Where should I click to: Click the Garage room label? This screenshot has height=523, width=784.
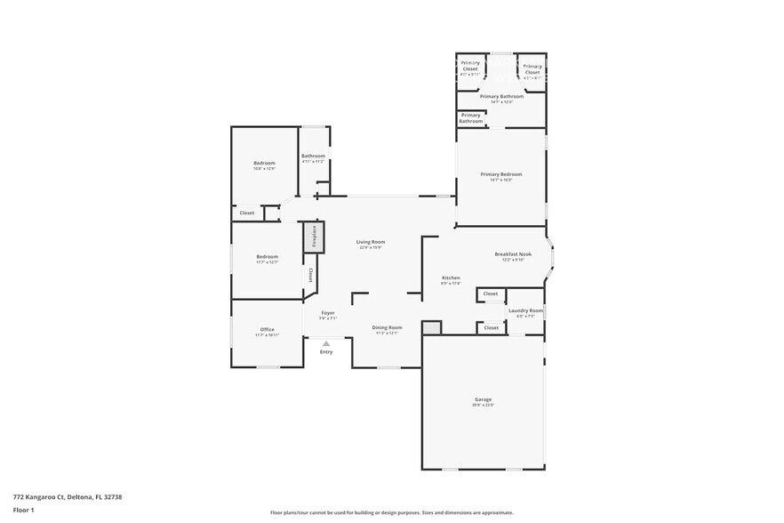coord(483,400)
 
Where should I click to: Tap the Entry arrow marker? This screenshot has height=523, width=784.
coord(326,343)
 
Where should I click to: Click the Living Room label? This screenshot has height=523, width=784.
coord(371,243)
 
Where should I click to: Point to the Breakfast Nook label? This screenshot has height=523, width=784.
coord(513,255)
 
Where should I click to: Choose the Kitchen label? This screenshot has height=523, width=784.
coord(451,278)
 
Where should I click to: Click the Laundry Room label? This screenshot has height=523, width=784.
coord(525,311)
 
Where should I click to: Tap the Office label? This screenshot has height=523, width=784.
coord(268,330)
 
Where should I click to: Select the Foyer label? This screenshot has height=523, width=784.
coord(328,313)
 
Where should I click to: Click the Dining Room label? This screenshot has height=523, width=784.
coord(387,328)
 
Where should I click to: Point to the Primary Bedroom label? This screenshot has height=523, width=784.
coord(501,175)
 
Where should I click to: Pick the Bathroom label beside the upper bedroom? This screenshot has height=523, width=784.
coord(313,157)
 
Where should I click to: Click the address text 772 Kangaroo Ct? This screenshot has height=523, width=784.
coord(67,497)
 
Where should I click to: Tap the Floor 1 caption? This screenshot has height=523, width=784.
coord(23,511)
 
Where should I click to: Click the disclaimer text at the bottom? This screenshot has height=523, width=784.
coord(391,512)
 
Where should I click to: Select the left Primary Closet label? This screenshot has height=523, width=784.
coord(470,65)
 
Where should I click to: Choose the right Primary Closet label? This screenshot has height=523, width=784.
coord(532,69)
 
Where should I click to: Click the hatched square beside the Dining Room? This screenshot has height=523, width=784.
coord(431,327)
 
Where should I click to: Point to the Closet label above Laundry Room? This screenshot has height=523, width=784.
coord(491,294)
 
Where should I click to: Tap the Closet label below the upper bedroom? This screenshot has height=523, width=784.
coord(247,213)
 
